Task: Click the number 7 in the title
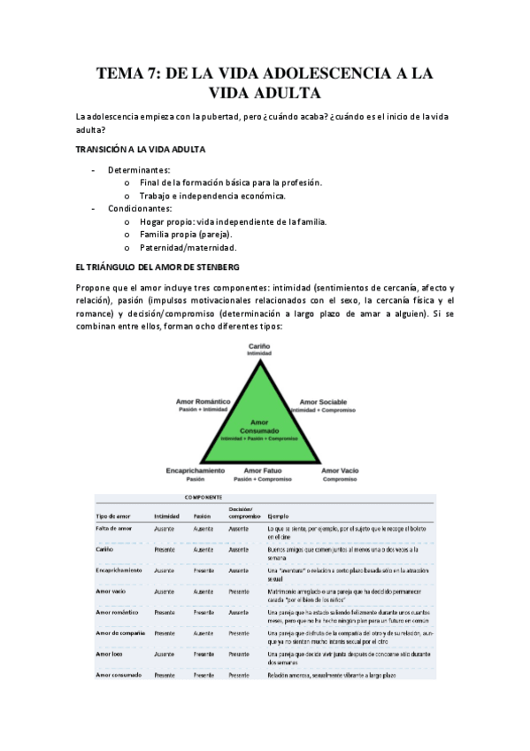(x=154, y=74)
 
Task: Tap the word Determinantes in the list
(x=139, y=168)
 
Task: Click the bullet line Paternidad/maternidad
(x=188, y=248)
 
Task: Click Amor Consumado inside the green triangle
(x=259, y=426)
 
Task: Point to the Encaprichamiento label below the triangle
(x=195, y=470)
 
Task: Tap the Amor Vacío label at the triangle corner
(x=340, y=470)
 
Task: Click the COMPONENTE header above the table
(x=204, y=498)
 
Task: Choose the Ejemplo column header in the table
(x=279, y=515)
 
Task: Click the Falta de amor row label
(x=114, y=528)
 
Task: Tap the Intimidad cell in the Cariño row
(x=166, y=549)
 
